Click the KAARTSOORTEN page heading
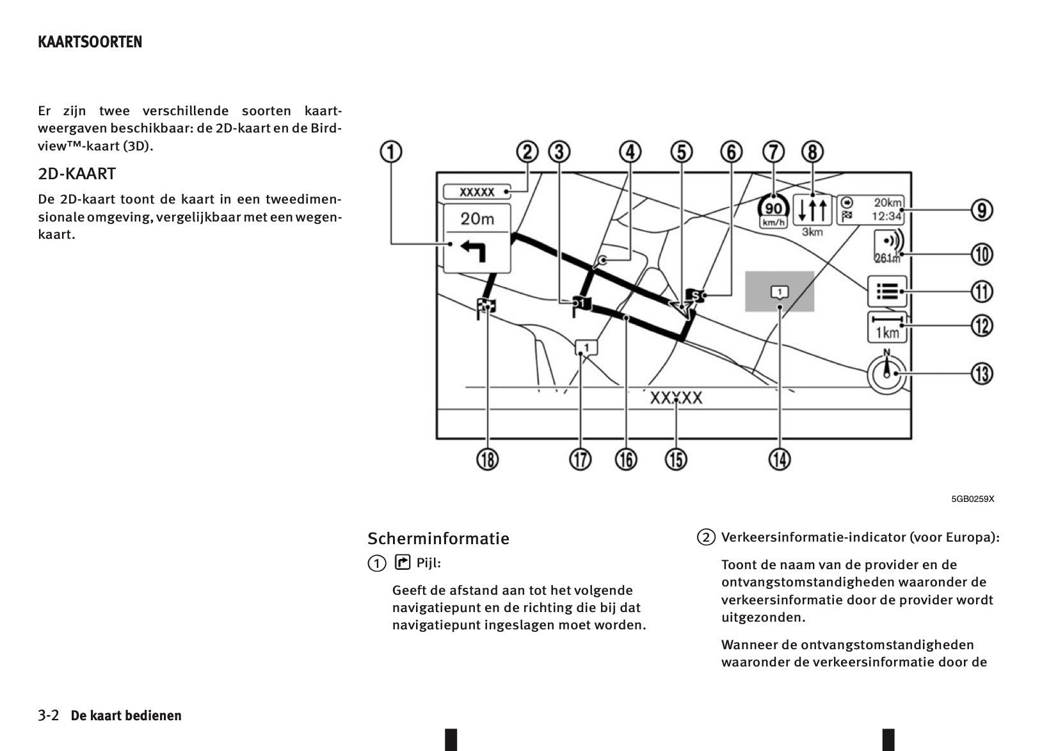coord(90,42)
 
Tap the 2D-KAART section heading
coord(77,174)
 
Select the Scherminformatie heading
coord(438,538)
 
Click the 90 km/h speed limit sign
coord(773,210)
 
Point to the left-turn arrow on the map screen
coord(473,251)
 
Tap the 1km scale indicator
coord(887,328)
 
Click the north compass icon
coord(887,373)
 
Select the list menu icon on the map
coord(887,291)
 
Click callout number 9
coord(982,210)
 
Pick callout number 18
coord(488,459)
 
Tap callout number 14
coord(780,459)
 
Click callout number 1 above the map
coord(391,152)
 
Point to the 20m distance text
coord(477,219)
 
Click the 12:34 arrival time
coord(886,216)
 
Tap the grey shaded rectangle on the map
coord(780,291)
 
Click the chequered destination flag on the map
coord(486,308)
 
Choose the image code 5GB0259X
coord(972,499)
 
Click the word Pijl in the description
coord(428,563)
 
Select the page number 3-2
coord(49,715)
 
